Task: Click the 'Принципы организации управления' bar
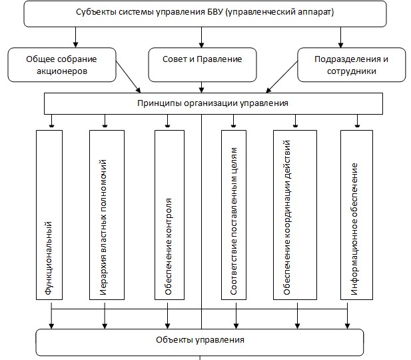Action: pos(213,103)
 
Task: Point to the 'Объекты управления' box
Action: pos(200,341)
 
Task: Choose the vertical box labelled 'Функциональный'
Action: pos(49,213)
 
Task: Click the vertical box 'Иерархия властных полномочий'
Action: pos(106,213)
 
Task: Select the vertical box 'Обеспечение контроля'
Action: pos(169,213)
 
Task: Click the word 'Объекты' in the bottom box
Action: pos(175,341)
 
